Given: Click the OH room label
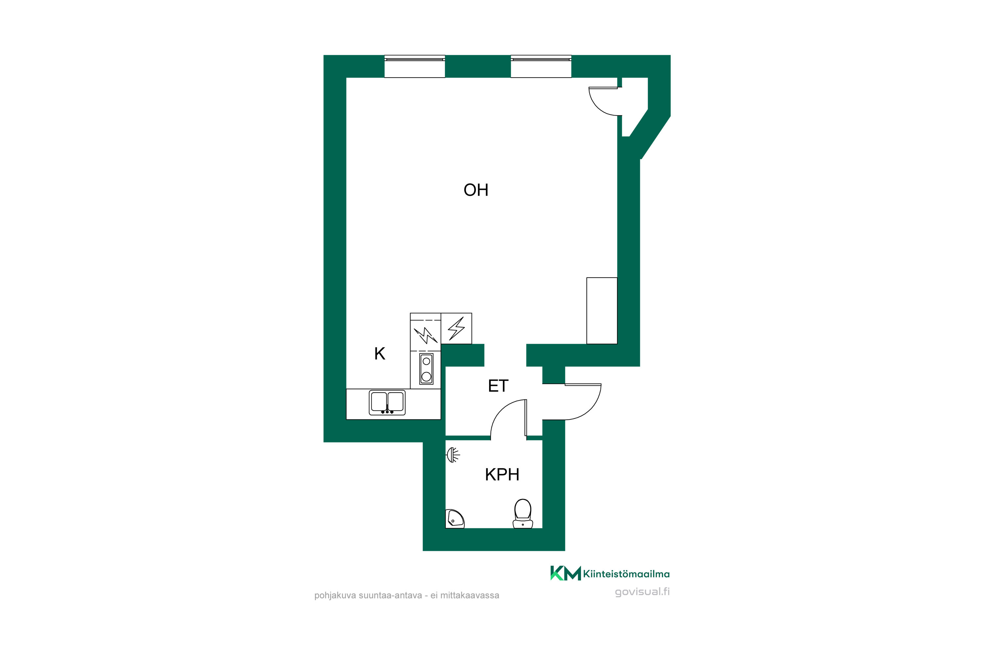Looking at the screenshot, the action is (476, 190).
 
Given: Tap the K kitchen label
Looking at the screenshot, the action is (379, 354).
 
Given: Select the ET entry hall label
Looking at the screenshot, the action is (498, 386).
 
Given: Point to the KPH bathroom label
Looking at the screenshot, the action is (502, 475).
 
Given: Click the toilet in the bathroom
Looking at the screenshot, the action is (523, 514).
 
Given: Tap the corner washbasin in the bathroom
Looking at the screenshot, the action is (455, 519).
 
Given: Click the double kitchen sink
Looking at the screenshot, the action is (387, 402).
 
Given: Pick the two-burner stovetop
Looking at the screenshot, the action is (426, 369).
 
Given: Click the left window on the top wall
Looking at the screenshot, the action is (414, 66).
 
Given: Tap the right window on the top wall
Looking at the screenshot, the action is (541, 66).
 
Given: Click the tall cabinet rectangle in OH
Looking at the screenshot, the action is (601, 311).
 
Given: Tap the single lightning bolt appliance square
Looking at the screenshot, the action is (457, 329).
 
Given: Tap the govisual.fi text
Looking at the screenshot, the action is (642, 592).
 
